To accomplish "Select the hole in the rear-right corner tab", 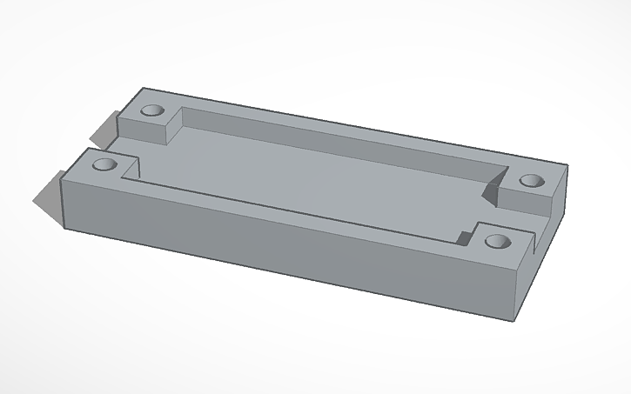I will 531,181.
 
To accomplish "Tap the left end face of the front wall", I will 65,205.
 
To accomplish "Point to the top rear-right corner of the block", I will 567,167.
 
